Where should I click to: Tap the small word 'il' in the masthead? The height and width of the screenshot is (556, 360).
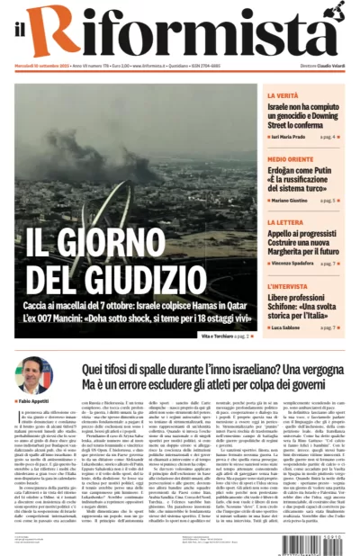click(22, 34)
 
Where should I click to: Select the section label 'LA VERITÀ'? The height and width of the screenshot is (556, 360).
click(282, 94)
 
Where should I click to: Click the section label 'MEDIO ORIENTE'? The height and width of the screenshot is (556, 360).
click(290, 159)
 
